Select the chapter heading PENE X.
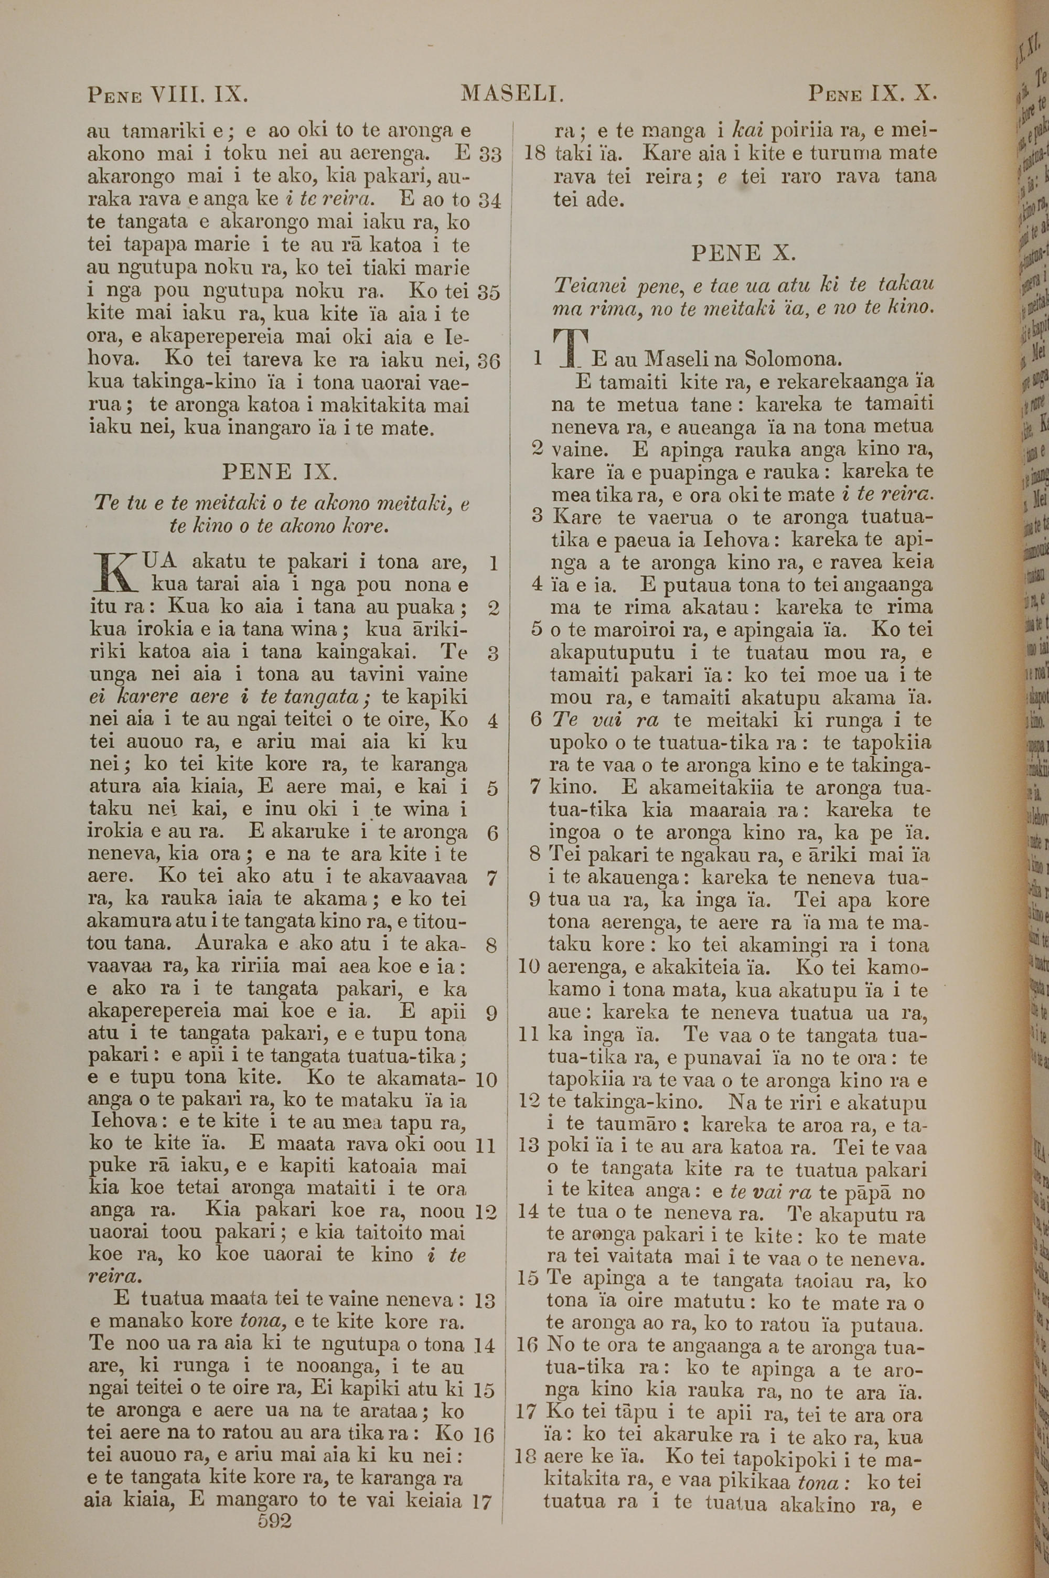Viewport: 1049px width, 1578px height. (743, 253)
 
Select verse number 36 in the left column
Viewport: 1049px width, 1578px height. (489, 362)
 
